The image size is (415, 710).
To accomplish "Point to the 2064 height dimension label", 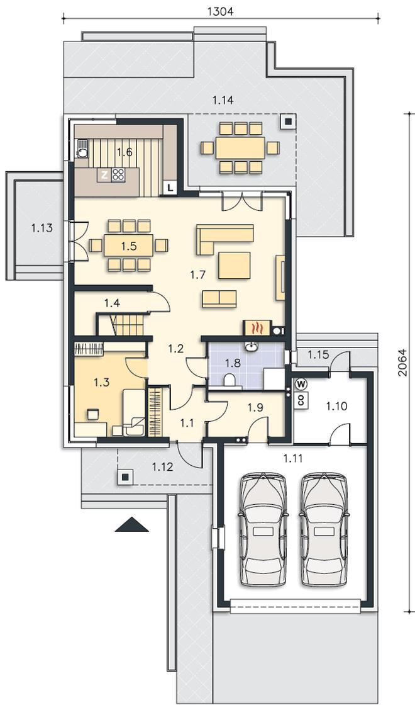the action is click(403, 363).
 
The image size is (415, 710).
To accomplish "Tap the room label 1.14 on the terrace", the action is click(223, 101).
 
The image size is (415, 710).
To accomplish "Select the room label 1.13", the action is click(41, 228).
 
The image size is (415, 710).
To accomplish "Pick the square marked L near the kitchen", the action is click(170, 187).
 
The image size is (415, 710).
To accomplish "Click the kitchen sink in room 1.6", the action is click(82, 148).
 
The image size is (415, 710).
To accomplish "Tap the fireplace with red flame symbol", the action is click(257, 327).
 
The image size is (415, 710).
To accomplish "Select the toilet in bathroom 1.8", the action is click(230, 380).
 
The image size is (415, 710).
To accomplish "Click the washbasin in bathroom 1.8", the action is click(250, 347).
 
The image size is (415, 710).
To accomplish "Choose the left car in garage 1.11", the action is click(263, 529).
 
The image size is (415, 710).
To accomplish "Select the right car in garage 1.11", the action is click(325, 529).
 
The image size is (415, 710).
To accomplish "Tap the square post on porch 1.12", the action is click(126, 476).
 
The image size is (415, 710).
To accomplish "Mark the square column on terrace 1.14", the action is click(287, 121).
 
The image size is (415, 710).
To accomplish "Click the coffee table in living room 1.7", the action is click(235, 266).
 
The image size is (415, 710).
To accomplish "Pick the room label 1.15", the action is click(319, 355).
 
